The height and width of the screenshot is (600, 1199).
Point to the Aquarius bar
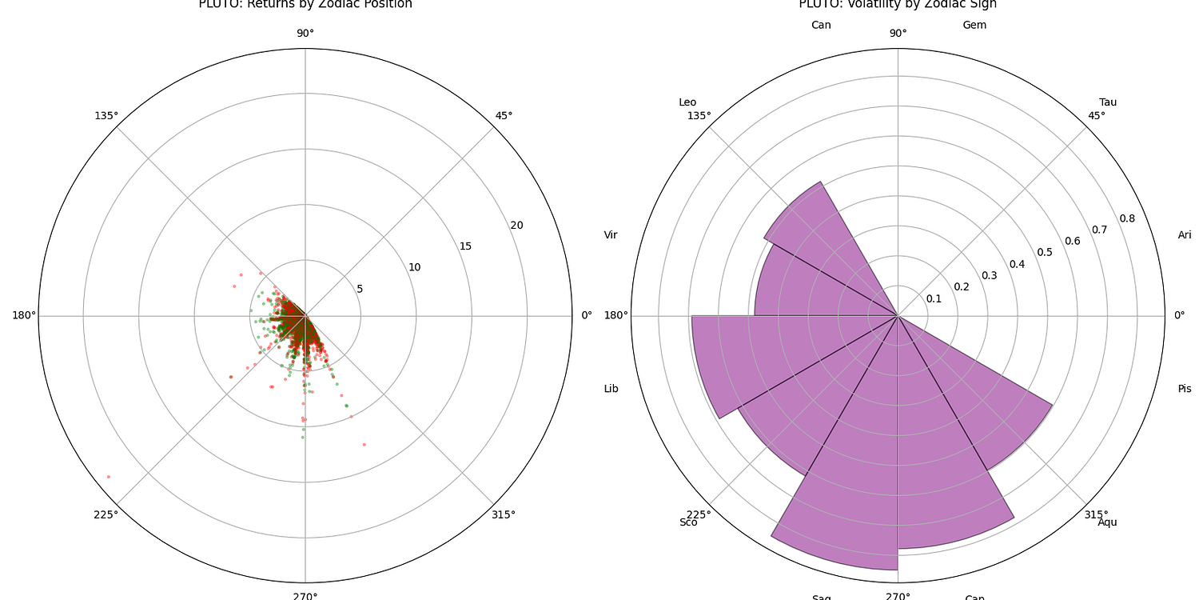tap(991, 400)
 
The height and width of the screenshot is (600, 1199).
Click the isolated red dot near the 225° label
tap(109, 477)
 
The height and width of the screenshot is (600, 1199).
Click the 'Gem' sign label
tap(974, 25)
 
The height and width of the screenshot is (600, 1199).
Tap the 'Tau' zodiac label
tap(1108, 102)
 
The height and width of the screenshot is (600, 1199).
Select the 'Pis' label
tap(1185, 389)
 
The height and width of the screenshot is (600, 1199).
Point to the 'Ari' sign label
tap(1185, 234)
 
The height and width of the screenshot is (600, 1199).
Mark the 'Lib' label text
tap(611, 389)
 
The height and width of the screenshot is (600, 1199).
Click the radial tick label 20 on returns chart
tap(517, 225)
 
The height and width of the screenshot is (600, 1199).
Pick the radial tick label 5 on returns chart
tap(360, 288)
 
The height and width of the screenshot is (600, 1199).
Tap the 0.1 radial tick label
tap(934, 298)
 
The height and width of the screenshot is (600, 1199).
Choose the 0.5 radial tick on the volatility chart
tap(1046, 253)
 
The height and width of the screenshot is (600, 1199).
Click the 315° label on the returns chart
tap(504, 514)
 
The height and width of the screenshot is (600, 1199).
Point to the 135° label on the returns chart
tap(106, 115)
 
